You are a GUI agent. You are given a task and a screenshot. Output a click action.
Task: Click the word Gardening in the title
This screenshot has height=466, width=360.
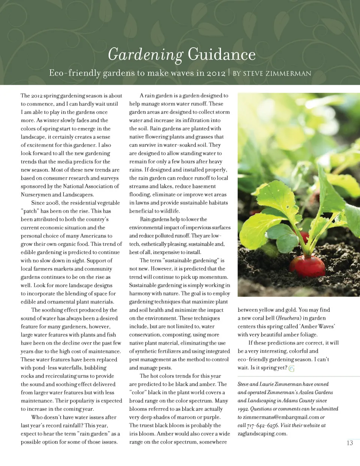[145, 55]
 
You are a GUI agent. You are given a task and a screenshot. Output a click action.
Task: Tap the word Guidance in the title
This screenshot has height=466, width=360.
[222, 55]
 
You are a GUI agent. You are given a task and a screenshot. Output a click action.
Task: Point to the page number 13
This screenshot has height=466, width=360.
[349, 443]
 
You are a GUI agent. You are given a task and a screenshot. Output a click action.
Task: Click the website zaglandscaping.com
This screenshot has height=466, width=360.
[262, 433]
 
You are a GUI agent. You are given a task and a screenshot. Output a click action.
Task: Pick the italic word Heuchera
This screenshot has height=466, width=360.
[289, 318]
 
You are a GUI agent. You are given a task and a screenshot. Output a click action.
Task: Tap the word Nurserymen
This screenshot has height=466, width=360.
[36, 195]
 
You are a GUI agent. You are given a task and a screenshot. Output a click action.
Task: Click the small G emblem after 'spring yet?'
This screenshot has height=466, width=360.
[292, 368]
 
